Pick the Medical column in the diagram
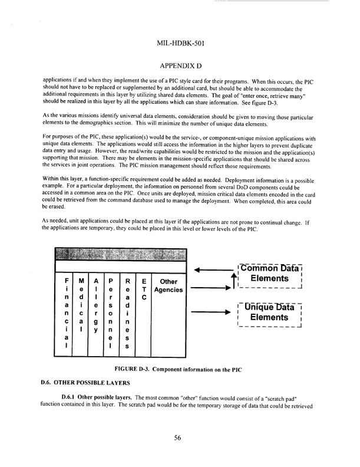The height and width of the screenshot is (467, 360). [81, 313]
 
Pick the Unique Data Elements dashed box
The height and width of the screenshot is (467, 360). [269, 312]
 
